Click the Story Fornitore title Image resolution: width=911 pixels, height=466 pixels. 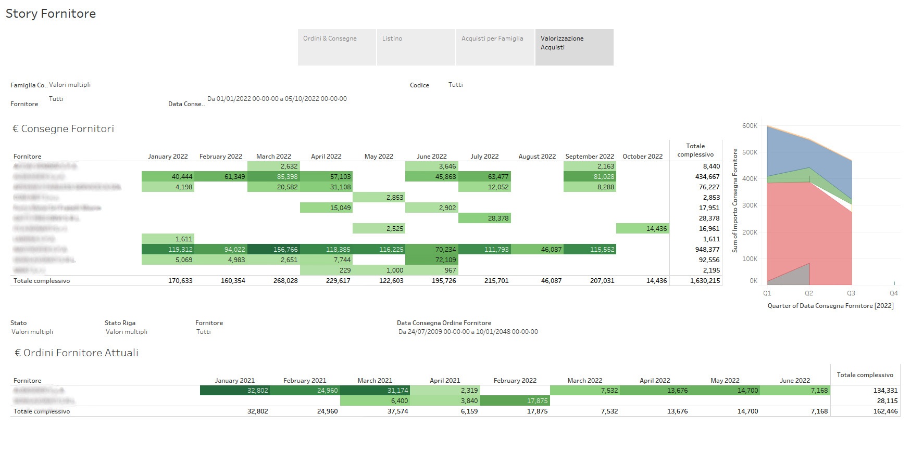pos(51,14)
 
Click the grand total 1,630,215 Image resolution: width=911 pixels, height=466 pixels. pos(705,281)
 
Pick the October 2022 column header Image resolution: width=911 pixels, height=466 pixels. pos(642,157)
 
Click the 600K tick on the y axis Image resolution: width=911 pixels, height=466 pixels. pos(750,126)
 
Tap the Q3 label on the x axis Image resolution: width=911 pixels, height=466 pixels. pos(851,293)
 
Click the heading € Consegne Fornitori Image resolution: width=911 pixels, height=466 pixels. pos(63,129)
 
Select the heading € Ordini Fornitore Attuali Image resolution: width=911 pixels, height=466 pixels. pos(76,353)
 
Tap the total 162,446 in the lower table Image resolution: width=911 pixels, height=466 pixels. pos(885,411)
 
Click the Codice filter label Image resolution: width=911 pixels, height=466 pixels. pos(419,85)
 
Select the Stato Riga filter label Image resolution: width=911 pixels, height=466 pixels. pos(120,323)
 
